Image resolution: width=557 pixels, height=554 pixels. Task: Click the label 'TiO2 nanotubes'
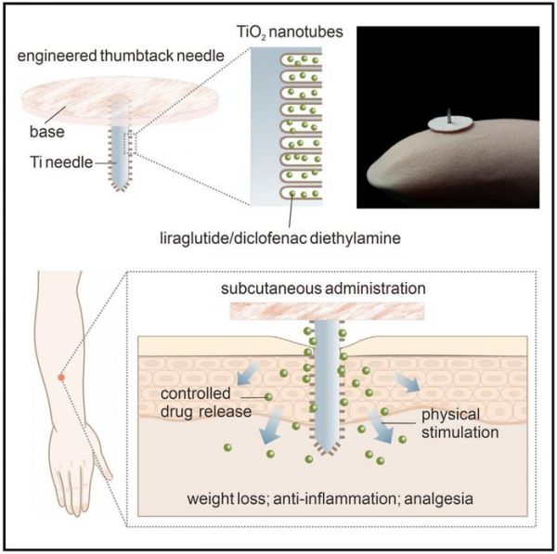[290, 32]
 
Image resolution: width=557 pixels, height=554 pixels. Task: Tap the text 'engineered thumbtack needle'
[121, 56]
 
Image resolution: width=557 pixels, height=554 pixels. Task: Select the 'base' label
[47, 132]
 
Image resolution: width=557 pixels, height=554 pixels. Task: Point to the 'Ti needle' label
[61, 162]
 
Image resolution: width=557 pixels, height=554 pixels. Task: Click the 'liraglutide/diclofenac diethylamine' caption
[280, 238]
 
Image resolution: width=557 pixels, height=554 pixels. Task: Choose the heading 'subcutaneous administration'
[323, 289]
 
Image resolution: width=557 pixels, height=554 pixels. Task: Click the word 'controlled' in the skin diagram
[196, 393]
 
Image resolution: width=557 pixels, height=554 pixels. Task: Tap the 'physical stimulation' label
[460, 424]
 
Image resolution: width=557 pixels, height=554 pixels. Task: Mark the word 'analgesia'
[439, 499]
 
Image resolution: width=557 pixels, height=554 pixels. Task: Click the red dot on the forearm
[61, 378]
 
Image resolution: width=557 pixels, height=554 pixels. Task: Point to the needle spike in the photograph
[449, 116]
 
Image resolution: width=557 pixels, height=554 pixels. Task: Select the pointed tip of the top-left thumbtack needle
[121, 189]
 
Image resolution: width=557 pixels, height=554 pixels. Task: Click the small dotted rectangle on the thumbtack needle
[130, 142]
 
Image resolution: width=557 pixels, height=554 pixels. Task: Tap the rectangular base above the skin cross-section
[327, 312]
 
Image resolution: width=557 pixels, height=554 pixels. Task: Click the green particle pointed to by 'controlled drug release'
[268, 396]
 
